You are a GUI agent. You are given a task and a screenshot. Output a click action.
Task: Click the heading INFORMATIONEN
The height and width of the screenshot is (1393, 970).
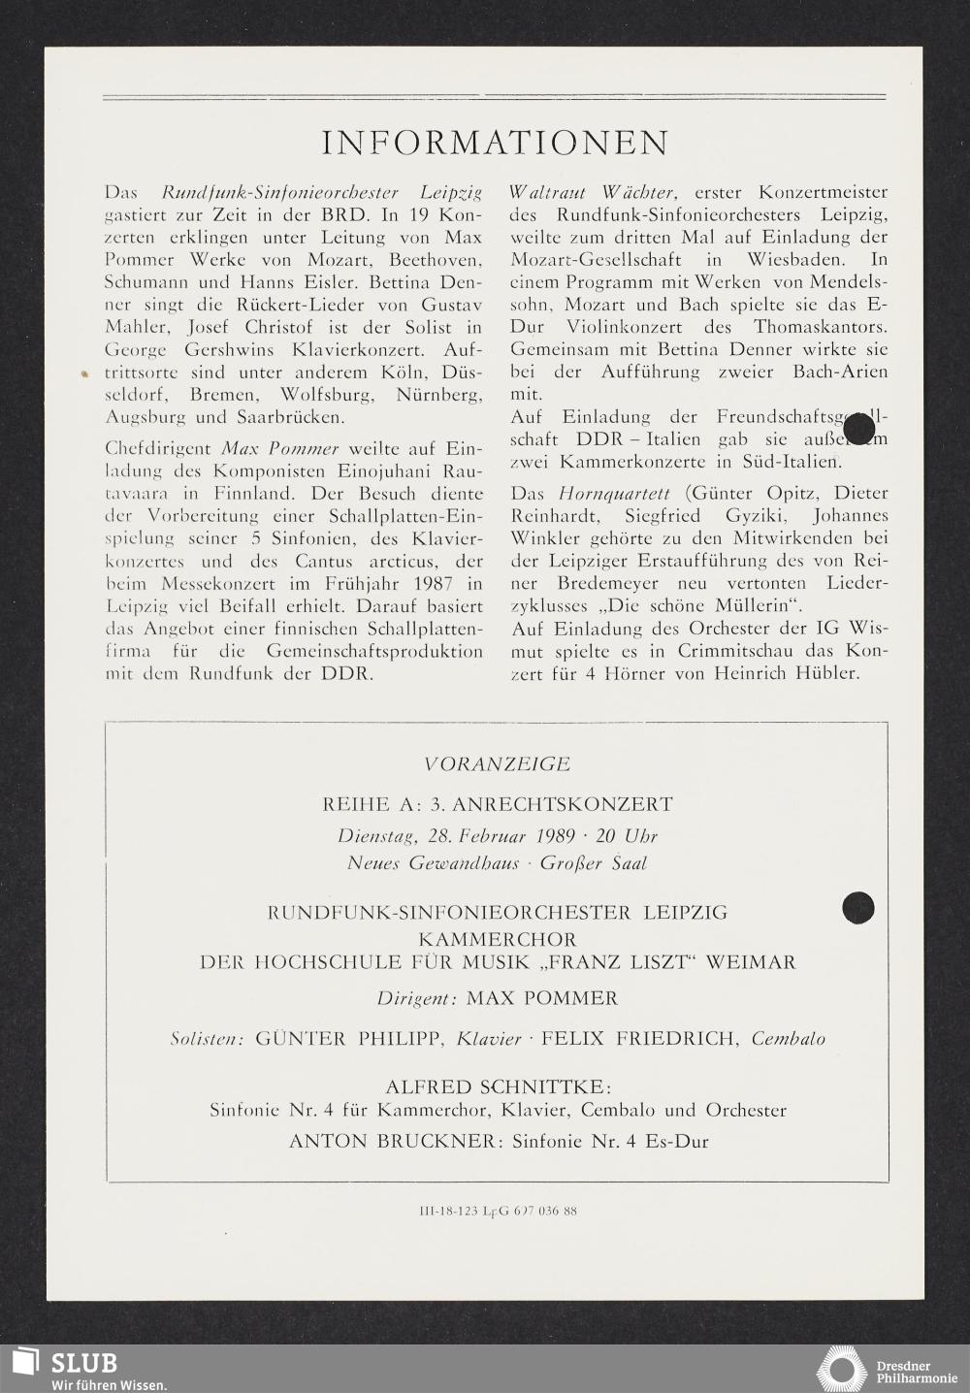point(495,143)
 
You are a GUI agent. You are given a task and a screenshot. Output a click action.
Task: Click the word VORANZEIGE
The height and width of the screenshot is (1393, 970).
point(495,764)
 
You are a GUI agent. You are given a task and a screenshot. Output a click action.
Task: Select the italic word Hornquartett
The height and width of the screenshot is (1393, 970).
point(614,493)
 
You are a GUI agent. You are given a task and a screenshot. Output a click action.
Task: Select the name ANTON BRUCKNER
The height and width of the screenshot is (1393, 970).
point(392,1142)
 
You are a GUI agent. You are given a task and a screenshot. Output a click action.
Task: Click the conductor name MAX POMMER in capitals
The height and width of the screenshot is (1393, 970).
point(541,998)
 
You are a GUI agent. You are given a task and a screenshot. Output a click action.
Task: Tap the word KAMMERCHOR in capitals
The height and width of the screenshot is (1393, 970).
point(497,939)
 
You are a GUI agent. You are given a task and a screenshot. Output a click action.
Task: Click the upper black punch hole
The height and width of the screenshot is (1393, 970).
point(858,429)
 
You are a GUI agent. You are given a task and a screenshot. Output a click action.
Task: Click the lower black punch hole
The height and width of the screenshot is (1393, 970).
point(857,907)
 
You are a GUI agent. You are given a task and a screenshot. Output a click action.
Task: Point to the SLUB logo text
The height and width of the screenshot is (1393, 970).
point(82,1362)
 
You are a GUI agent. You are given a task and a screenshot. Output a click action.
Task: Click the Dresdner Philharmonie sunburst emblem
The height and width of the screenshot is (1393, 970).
point(840,1369)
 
